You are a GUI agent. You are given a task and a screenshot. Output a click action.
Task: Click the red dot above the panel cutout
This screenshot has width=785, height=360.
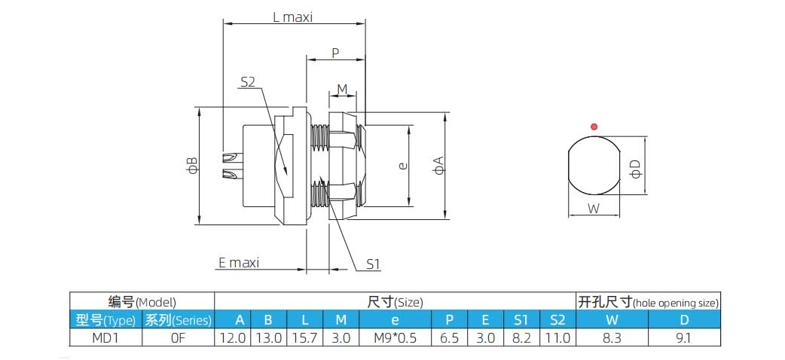[594, 127]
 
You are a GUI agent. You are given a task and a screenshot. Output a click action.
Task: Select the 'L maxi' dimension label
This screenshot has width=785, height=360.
[292, 17]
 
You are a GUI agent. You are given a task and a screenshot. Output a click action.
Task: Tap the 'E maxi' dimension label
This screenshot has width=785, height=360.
[238, 263]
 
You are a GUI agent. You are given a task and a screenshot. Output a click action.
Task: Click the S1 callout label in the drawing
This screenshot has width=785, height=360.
[374, 264]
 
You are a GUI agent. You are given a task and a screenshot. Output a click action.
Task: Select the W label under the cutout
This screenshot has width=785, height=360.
[594, 209]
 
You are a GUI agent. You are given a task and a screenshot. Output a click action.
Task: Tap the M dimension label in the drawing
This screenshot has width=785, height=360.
[342, 90]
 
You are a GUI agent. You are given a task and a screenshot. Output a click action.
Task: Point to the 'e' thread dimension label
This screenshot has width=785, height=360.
[403, 166]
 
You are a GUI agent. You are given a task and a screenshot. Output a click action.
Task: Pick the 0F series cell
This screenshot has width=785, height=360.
[178, 338]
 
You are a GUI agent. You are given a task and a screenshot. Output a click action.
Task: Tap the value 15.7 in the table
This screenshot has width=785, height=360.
[304, 338]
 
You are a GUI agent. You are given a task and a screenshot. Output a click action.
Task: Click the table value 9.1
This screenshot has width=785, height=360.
[684, 338]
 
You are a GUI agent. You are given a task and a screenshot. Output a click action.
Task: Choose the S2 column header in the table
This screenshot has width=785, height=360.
[557, 319]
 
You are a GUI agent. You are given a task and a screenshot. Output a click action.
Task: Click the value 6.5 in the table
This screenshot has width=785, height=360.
[449, 338]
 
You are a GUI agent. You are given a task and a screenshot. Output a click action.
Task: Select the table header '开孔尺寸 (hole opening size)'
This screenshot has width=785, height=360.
[648, 302]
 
